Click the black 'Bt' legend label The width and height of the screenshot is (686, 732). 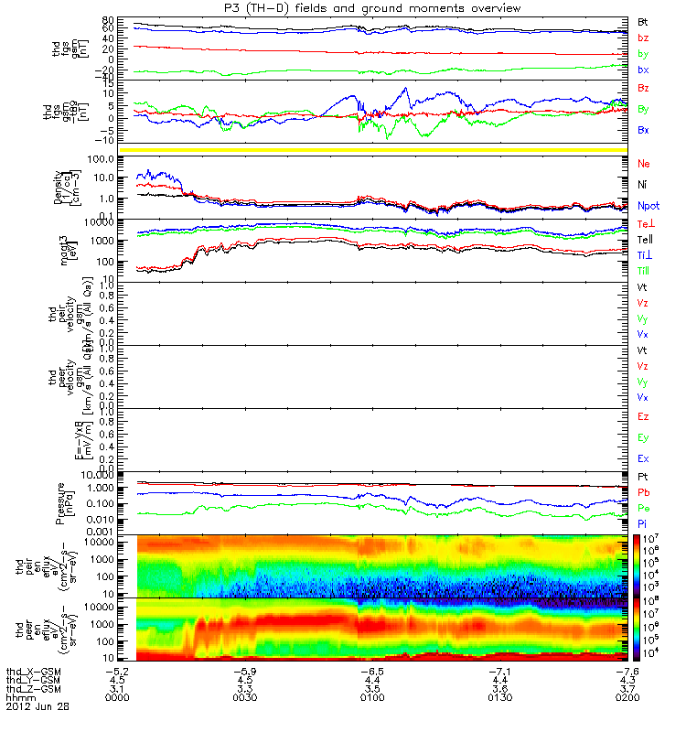pos(644,21)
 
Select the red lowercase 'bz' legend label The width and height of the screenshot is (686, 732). pos(644,38)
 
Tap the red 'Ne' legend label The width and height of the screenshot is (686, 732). pos(644,163)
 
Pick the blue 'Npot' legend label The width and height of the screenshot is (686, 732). pos(648,206)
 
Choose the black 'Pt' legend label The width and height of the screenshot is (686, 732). pos(644,477)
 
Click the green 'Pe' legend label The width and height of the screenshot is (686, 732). pos(644,507)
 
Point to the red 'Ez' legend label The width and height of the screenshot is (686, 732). pos(644,416)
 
